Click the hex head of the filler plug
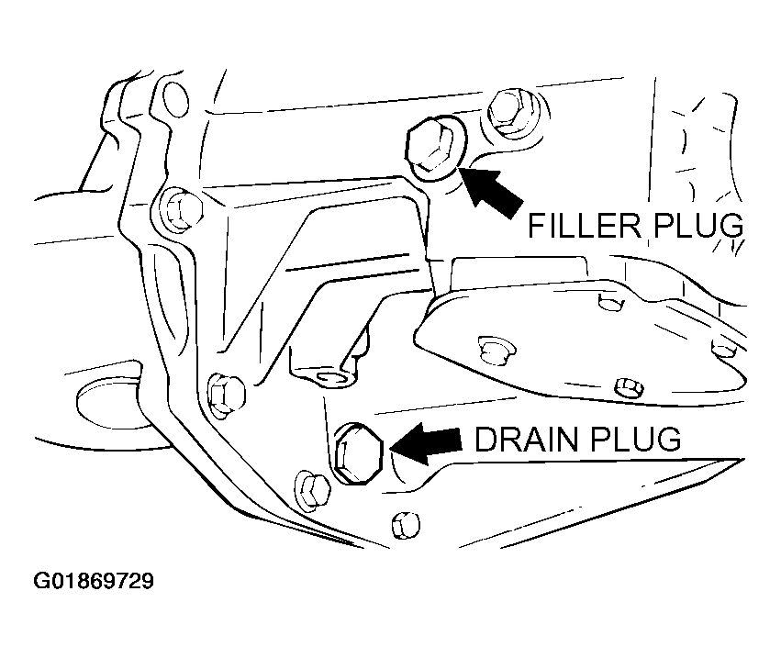[x=430, y=146]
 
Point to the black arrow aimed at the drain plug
[x=425, y=441]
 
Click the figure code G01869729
[x=94, y=581]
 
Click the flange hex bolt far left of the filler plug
[x=179, y=210]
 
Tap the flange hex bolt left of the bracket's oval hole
[x=223, y=393]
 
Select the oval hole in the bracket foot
[x=332, y=377]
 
